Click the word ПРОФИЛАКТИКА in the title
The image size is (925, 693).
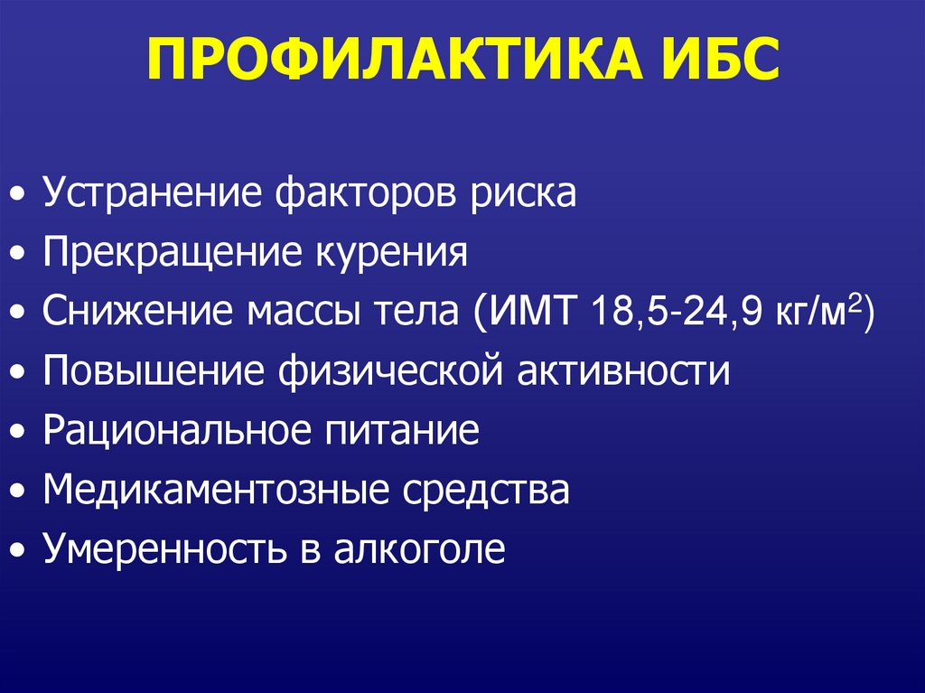pyautogui.click(x=394, y=59)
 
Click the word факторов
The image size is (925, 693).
pyautogui.click(x=366, y=193)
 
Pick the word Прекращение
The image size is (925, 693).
pyautogui.click(x=172, y=253)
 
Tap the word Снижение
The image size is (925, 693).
pyautogui.click(x=137, y=311)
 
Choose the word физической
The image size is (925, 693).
pyautogui.click(x=390, y=371)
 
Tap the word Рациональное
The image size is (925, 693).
pyautogui.click(x=176, y=431)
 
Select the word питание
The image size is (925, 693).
pyautogui.click(x=402, y=431)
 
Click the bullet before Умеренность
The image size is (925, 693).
pyautogui.click(x=18, y=550)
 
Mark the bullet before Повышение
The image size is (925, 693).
pyautogui.click(x=18, y=372)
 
